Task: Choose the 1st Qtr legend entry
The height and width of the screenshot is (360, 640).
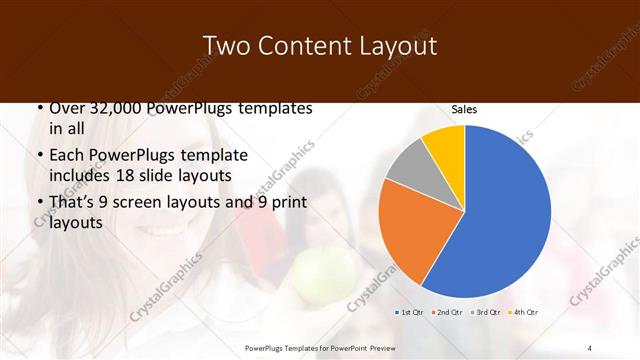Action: [x=410, y=313]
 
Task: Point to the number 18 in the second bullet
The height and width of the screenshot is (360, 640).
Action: [x=149, y=176]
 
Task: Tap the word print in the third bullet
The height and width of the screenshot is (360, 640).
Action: [x=286, y=203]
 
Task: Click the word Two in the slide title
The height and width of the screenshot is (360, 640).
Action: [x=226, y=46]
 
